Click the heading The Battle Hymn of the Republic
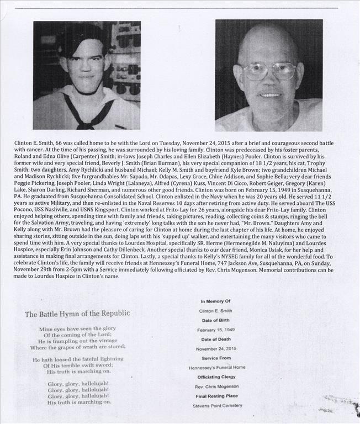click(x=77, y=314)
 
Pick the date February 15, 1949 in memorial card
click(x=213, y=330)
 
